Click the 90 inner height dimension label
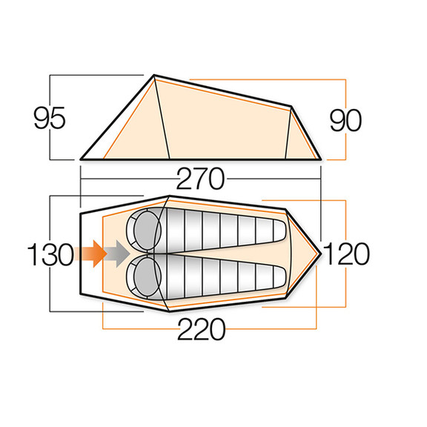coord(347,119)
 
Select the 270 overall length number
coord(201,179)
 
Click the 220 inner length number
coord(201,329)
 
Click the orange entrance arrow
coord(90,254)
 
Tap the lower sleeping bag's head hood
coord(145,279)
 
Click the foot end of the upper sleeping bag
coord(276,231)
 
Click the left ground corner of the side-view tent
coord(81,159)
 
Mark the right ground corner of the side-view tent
coord(322,159)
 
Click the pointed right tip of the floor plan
coord(320,253)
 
